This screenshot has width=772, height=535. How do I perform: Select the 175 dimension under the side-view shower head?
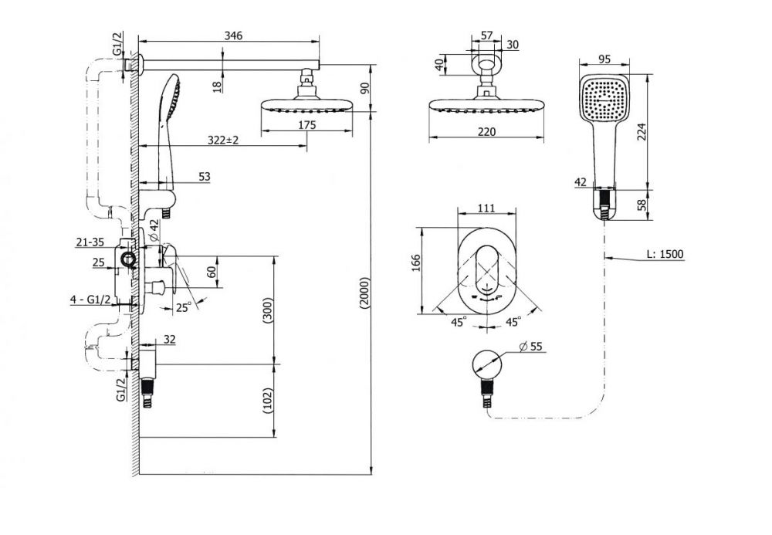307,124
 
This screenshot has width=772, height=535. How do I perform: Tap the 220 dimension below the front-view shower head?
486,132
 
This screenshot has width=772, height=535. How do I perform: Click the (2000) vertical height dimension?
364,293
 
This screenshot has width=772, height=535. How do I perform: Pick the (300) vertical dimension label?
268,309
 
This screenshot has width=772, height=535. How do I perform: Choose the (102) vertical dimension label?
268,401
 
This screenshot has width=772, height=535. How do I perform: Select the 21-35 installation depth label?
91,242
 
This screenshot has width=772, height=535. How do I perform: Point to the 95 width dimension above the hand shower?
604,60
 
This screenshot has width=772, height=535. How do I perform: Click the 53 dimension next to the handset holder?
203,177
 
